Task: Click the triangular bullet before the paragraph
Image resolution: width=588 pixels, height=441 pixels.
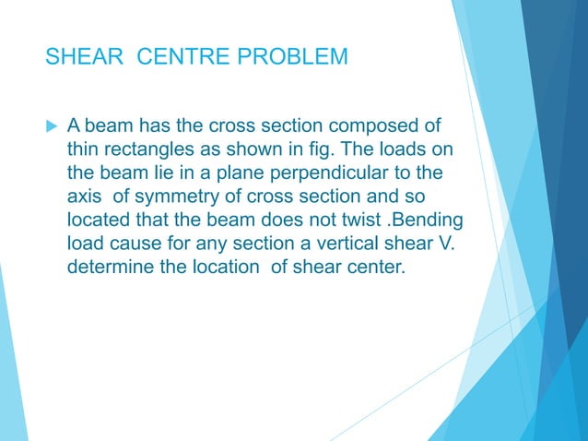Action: click(x=50, y=125)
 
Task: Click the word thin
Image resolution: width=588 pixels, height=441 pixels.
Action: click(x=84, y=149)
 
